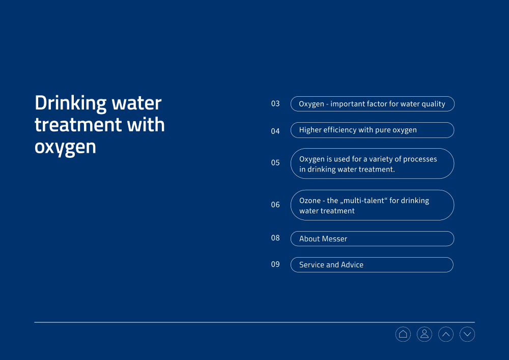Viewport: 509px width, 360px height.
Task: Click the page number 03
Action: (275, 103)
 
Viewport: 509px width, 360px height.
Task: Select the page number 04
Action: (275, 131)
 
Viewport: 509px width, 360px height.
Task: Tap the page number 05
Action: (275, 162)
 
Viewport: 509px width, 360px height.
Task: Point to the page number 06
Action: (275, 205)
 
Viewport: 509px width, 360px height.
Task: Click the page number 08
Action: (275, 238)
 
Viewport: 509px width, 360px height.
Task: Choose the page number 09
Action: (275, 264)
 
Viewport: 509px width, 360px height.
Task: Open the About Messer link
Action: (372, 239)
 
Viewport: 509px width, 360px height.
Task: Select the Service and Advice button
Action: (372, 265)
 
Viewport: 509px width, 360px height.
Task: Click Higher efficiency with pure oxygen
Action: (372, 130)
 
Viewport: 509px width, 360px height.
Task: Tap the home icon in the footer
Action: (403, 334)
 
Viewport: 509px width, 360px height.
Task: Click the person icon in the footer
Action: (425, 334)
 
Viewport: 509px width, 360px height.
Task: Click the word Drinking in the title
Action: (70, 104)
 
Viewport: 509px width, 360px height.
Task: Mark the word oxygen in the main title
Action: (65, 148)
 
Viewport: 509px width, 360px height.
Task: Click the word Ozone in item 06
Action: (310, 201)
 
